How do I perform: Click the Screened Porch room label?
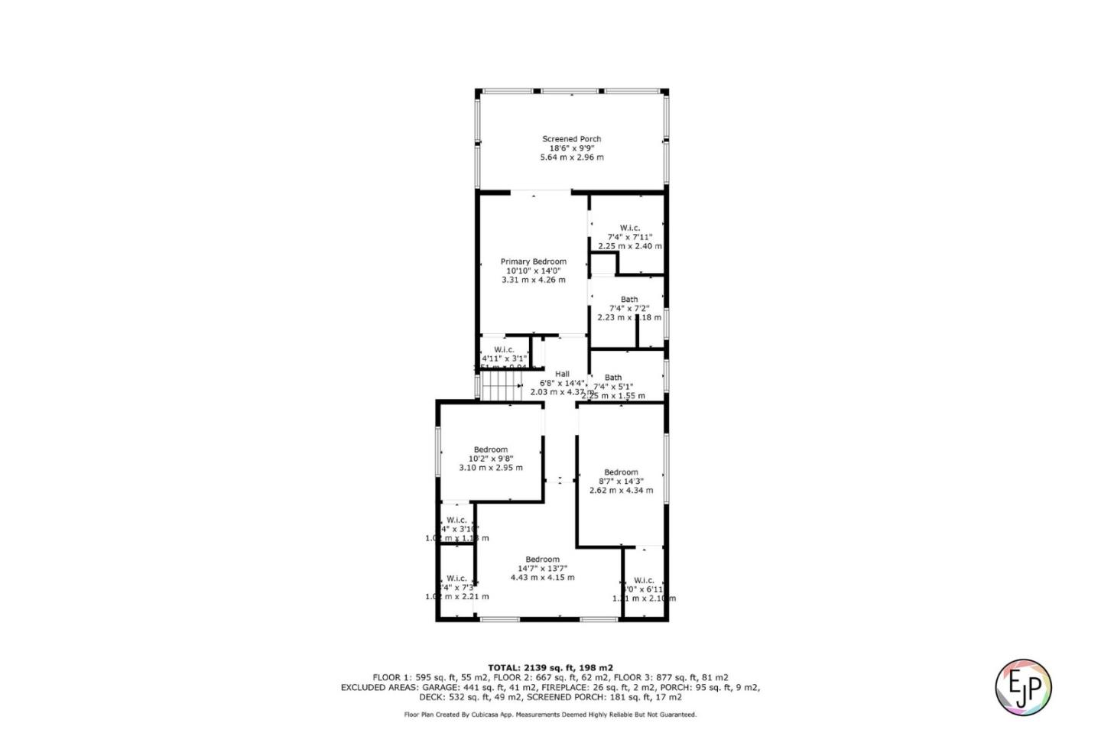tap(571, 139)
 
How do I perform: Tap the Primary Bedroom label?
tap(533, 261)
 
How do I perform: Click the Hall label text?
tap(562, 374)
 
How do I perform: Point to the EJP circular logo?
tap(1023, 686)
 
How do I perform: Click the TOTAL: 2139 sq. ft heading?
tap(550, 667)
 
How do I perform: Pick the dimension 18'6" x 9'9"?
tap(571, 148)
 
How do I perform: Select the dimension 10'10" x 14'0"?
tap(533, 271)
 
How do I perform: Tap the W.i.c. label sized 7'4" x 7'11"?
tap(629, 228)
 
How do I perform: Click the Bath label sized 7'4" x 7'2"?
tap(629, 300)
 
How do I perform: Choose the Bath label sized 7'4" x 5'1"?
tap(613, 377)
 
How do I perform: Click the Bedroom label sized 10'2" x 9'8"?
tap(490, 449)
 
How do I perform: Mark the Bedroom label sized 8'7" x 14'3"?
tap(621, 472)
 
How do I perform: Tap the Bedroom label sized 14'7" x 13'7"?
tap(542, 559)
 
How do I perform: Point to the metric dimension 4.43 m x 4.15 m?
tap(542, 578)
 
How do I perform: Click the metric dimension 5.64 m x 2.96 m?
tap(571, 157)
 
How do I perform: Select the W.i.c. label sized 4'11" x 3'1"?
tap(504, 349)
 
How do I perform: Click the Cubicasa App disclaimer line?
tap(550, 715)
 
